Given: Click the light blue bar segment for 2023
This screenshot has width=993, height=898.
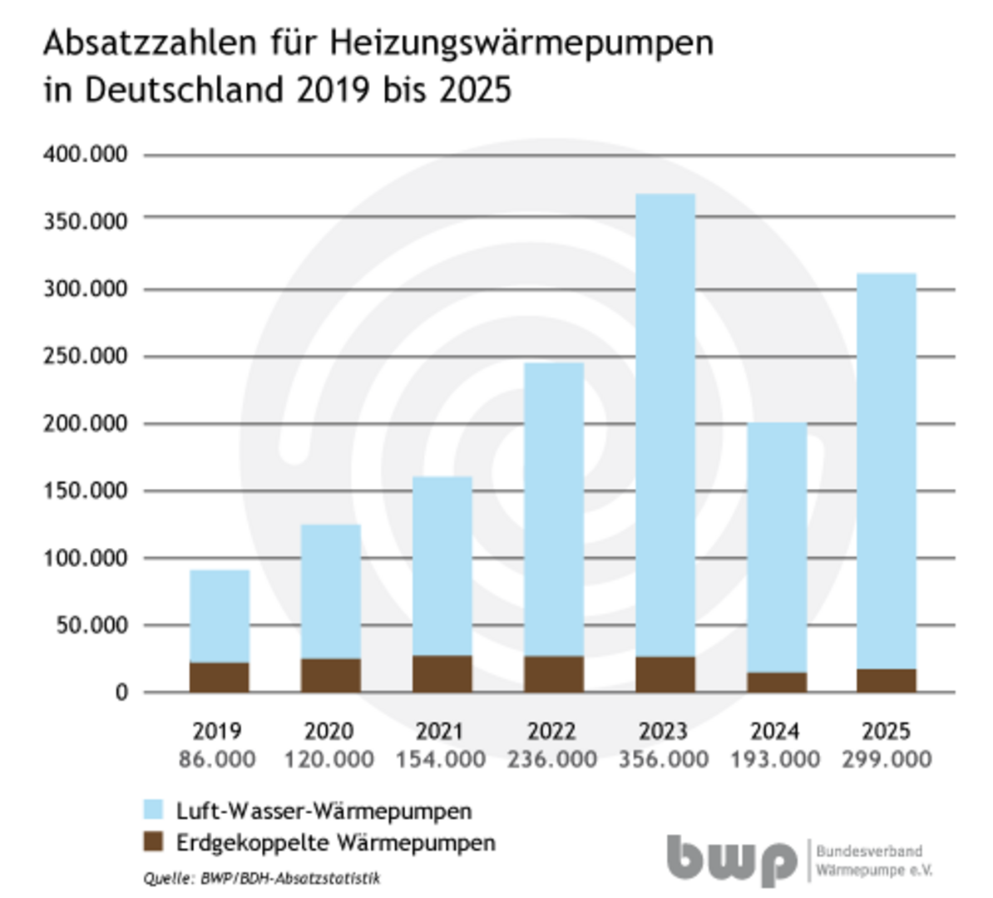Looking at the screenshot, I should [664, 424].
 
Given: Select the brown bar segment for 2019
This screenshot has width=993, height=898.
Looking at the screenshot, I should [220, 677].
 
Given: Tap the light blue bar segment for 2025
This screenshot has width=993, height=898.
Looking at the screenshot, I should [887, 471].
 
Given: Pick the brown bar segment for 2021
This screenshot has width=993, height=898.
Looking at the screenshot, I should [442, 673].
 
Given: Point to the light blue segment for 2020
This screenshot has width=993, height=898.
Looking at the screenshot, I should [330, 591].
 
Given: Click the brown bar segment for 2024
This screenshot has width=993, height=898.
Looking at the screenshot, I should [776, 682].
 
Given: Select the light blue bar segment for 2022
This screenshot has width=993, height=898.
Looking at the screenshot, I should [553, 509].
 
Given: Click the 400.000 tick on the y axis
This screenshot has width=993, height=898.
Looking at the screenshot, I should [86, 155].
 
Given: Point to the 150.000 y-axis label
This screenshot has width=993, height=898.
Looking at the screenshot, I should [86, 491].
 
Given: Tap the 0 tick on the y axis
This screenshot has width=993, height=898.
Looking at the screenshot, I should [121, 693].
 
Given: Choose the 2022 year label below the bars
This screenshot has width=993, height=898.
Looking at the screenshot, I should [551, 731].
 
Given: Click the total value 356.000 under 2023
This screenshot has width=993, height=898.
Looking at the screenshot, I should [664, 759].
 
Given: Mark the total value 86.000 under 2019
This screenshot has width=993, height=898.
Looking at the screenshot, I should [218, 759].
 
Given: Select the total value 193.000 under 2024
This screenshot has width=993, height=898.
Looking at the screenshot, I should [775, 759].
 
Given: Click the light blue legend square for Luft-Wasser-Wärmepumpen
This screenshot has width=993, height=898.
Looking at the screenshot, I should [153, 810].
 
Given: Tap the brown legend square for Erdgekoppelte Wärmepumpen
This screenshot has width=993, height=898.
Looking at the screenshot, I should [153, 841].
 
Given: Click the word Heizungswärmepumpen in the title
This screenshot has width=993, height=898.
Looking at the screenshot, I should [521, 43].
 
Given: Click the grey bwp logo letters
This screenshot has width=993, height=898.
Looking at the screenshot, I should [731, 860].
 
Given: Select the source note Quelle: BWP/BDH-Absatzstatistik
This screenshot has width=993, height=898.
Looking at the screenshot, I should [261, 878].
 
